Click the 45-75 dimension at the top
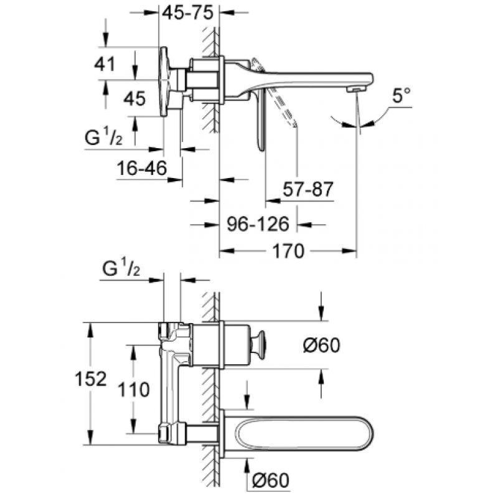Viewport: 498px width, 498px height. click(x=187, y=13)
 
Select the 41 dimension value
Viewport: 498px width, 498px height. click(x=105, y=64)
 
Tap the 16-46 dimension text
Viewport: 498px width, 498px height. click(x=142, y=168)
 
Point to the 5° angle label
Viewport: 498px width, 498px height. click(x=402, y=95)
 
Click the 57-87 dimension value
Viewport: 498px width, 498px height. click(x=308, y=189)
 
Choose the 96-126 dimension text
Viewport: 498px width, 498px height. click(x=258, y=224)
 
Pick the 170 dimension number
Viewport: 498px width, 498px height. click(x=288, y=251)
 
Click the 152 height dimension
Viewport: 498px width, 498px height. click(x=90, y=379)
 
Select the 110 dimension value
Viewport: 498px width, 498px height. click(x=133, y=390)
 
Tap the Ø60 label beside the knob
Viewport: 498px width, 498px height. click(x=321, y=345)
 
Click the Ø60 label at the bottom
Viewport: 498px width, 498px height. click(x=271, y=481)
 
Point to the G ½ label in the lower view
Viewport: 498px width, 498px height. click(x=121, y=270)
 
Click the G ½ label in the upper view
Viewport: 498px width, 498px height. click(x=103, y=138)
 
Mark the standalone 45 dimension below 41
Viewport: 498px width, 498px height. click(x=134, y=98)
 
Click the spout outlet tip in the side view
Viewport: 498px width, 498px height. click(x=355, y=90)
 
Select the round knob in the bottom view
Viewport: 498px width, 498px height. click(x=260, y=345)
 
